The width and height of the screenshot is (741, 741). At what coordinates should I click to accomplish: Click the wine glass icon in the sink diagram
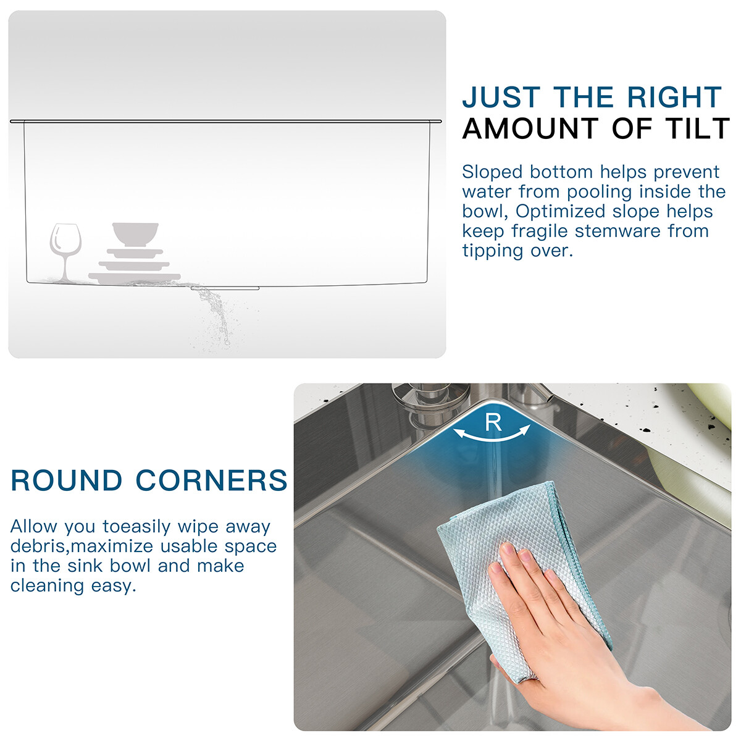pos(65,252)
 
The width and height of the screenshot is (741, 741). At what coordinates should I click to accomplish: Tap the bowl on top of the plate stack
pos(135,234)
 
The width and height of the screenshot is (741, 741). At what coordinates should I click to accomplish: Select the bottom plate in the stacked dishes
pos(135,278)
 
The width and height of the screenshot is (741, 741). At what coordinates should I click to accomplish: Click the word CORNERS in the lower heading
pos(212,480)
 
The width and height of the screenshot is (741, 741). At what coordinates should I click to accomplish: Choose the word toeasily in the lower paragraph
pos(136,527)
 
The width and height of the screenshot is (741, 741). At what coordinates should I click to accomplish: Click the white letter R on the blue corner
pos(493,422)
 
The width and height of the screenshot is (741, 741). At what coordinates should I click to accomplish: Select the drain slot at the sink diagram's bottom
pos(225,288)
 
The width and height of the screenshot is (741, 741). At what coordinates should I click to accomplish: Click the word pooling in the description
pos(599,193)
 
